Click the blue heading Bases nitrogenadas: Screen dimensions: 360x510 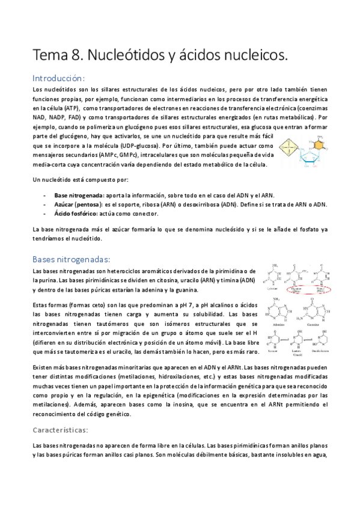coord(71,259)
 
